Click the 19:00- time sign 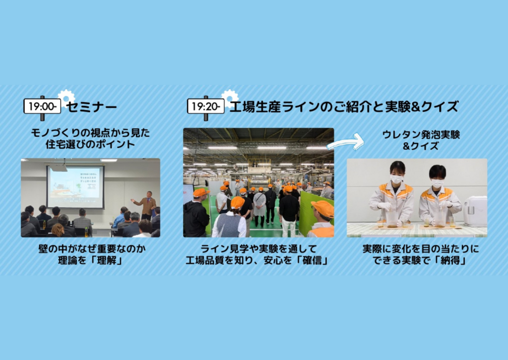[x=42, y=106]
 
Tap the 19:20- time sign [x=206, y=106]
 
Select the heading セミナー [x=91, y=107]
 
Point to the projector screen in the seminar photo [x=75, y=187]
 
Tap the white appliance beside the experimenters [x=475, y=211]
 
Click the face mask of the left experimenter [x=396, y=179]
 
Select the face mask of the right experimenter [x=438, y=183]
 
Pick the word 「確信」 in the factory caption [x=312, y=260]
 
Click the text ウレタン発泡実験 [x=421, y=134]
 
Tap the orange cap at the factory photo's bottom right [x=323, y=208]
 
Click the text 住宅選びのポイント [x=90, y=144]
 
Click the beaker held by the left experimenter [x=392, y=219]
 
